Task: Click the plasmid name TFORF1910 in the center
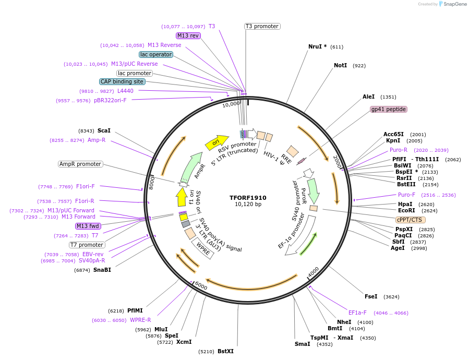(x=248, y=198)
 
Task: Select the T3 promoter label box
(x=262, y=27)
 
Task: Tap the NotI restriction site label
(x=340, y=66)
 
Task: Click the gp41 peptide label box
(x=388, y=110)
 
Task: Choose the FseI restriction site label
(x=371, y=296)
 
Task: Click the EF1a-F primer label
(x=357, y=313)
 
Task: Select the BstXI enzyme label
(x=225, y=351)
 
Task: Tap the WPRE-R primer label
(x=140, y=320)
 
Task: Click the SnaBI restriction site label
(x=102, y=270)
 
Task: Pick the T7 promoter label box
(x=87, y=245)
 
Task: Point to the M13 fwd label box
(x=87, y=226)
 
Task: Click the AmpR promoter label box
(x=80, y=164)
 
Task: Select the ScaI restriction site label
(x=104, y=130)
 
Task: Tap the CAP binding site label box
(x=122, y=82)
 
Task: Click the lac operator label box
(x=156, y=54)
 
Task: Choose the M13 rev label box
(x=188, y=35)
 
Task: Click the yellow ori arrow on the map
(x=220, y=141)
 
